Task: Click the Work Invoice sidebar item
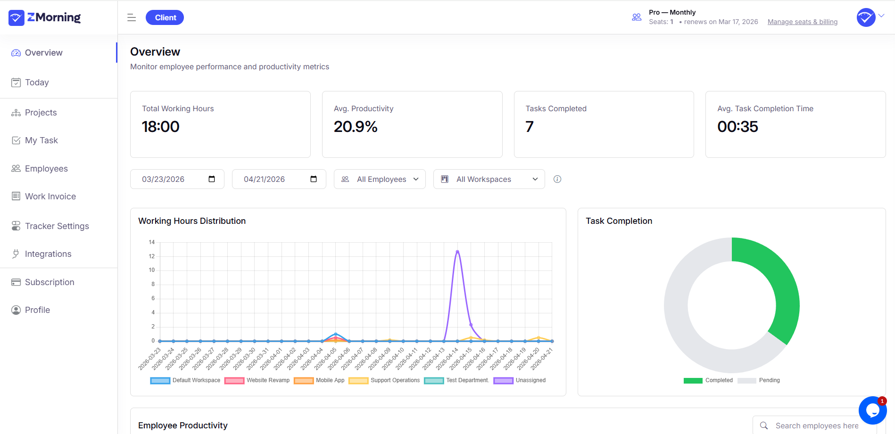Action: click(x=50, y=197)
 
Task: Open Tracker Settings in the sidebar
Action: click(x=57, y=226)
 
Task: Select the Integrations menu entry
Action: click(x=48, y=254)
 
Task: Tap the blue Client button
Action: click(x=165, y=17)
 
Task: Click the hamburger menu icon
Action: click(x=132, y=17)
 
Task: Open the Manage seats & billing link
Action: click(x=802, y=22)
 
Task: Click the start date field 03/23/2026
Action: click(x=163, y=179)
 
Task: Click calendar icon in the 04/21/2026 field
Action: click(x=314, y=179)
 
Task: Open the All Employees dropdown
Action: click(x=380, y=179)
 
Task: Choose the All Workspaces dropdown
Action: click(x=489, y=179)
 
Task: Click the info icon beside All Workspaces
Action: click(x=557, y=179)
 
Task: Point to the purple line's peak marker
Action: click(x=457, y=252)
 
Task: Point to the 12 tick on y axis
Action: click(x=152, y=256)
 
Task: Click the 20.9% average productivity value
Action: click(x=356, y=127)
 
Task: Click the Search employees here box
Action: click(x=816, y=426)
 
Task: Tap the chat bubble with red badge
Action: click(x=872, y=410)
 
